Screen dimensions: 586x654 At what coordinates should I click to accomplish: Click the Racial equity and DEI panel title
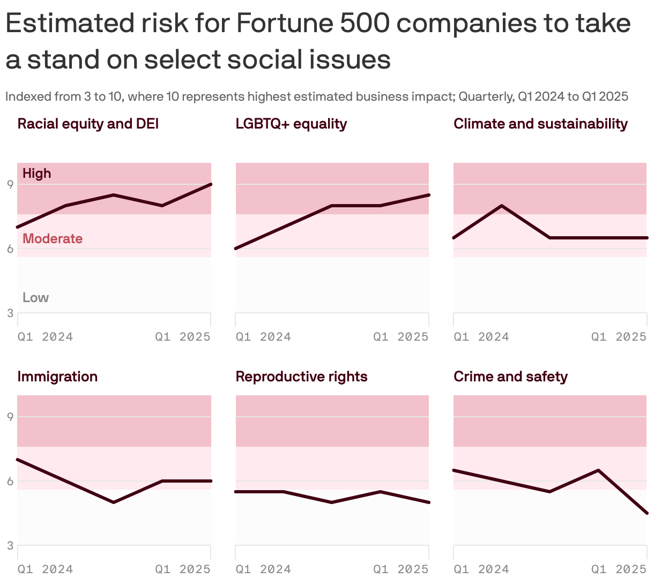[88, 124]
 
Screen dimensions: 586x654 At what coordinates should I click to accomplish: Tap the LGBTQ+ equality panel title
[291, 124]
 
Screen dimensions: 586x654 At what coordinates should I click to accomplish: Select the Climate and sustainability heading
[540, 124]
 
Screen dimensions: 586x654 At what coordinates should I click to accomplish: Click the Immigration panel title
[57, 377]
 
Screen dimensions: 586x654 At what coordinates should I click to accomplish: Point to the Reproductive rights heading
[301, 377]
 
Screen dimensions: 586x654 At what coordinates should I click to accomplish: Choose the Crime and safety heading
[510, 377]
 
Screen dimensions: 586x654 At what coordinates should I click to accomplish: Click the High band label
[37, 173]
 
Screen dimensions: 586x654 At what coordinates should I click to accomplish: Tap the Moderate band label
[53, 238]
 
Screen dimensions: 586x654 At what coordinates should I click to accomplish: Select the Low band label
[35, 297]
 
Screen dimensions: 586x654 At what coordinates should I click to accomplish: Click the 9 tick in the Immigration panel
[10, 417]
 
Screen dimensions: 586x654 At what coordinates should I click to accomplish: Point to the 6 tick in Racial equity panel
[10, 249]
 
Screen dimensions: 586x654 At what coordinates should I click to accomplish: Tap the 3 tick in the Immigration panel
[10, 545]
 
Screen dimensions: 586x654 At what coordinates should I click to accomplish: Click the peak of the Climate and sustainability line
[501, 206]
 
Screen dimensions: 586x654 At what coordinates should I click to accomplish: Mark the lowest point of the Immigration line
[114, 502]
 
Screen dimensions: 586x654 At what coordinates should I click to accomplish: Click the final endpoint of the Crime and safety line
[646, 513]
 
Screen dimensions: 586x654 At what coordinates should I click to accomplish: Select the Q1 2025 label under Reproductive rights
[400, 569]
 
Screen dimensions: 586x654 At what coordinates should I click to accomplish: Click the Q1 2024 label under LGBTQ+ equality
[263, 336]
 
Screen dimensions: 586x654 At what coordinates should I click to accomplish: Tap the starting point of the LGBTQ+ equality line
[236, 249]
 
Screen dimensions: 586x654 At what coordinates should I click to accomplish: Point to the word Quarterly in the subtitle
[485, 96]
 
